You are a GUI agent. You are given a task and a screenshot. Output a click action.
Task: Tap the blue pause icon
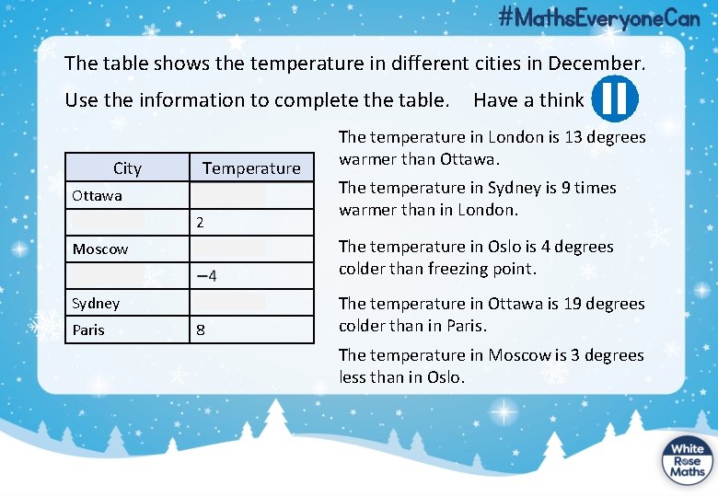614,99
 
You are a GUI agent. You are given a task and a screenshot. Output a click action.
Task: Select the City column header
127,168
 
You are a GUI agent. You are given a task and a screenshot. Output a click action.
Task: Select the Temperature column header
251,168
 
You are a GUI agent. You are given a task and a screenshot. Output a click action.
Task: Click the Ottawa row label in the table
97,195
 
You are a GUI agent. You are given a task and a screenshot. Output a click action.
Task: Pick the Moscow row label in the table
100,248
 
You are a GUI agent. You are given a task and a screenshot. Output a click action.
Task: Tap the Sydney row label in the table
96,303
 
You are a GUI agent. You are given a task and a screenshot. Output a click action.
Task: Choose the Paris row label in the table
88,329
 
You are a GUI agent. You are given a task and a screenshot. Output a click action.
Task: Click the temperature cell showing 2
200,223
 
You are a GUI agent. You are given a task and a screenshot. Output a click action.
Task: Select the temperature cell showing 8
201,329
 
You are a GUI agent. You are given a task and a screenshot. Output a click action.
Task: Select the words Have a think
528,99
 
